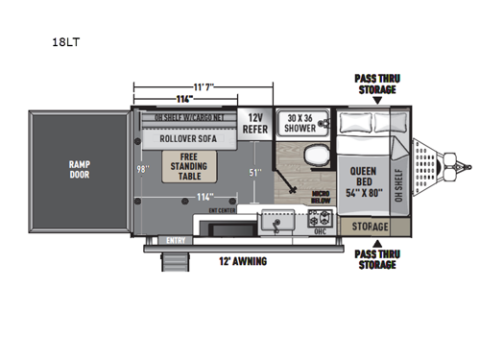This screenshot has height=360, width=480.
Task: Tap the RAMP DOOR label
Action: pos(79,169)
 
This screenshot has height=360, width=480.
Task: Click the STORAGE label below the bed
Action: pos(369,227)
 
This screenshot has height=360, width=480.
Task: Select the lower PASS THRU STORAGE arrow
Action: pos(375,244)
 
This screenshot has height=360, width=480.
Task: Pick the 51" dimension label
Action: pos(255,173)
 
